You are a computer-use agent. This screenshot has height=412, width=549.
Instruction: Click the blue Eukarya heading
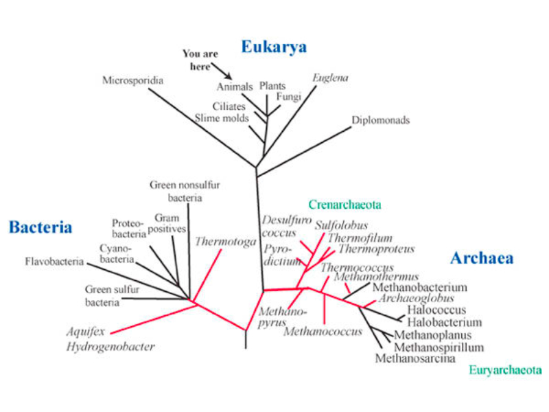click(273, 47)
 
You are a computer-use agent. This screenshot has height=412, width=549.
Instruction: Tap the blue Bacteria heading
click(40, 227)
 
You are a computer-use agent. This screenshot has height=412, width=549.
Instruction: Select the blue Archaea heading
click(482, 258)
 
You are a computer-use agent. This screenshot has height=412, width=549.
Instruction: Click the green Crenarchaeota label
click(344, 205)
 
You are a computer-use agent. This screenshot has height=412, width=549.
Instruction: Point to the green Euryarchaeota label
click(505, 370)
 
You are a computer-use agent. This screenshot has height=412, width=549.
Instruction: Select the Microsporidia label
click(132, 80)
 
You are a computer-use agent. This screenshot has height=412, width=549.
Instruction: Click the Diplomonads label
click(380, 120)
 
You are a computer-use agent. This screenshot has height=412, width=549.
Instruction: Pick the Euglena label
click(330, 78)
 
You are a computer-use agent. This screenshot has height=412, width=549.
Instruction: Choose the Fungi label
click(289, 97)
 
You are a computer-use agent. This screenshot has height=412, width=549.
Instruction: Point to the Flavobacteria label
click(54, 262)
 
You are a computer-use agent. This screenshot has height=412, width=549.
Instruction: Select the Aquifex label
click(86, 332)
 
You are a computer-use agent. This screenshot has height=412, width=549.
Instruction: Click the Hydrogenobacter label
click(110, 347)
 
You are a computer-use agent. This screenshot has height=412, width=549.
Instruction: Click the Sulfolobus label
click(342, 225)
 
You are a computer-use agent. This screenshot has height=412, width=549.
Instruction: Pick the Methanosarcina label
click(415, 358)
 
